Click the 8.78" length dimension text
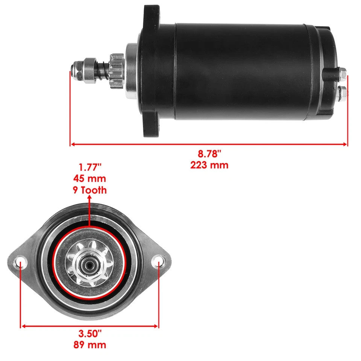tap(210, 153)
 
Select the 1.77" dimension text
tap(89, 167)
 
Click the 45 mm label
tap(89, 178)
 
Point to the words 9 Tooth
tap(89, 190)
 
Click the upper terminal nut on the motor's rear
tap(342, 73)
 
